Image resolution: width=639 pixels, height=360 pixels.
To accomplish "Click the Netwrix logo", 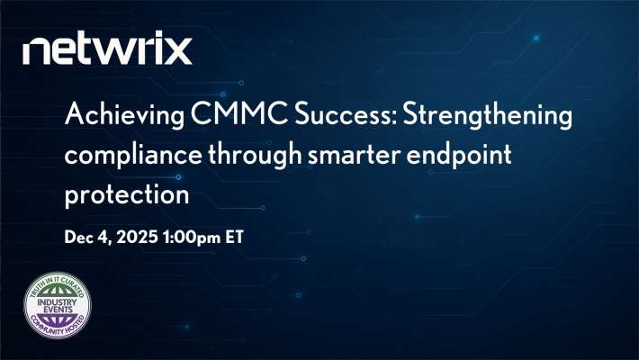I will (108, 49).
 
